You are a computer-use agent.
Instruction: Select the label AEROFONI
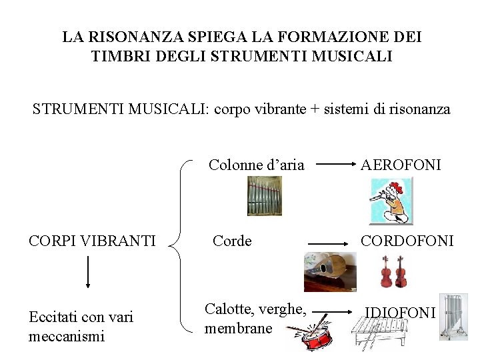[x=401, y=165]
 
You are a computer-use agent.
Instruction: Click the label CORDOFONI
[x=407, y=240]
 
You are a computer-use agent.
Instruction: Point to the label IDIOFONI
[x=399, y=311]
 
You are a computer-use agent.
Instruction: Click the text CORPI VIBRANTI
[x=93, y=240]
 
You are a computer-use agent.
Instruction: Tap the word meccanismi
[x=67, y=336]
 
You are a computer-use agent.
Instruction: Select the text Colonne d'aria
[x=257, y=165]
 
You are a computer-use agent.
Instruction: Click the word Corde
[x=232, y=241]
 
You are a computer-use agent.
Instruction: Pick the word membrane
[x=239, y=328]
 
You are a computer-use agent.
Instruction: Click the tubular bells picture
[x=455, y=316]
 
